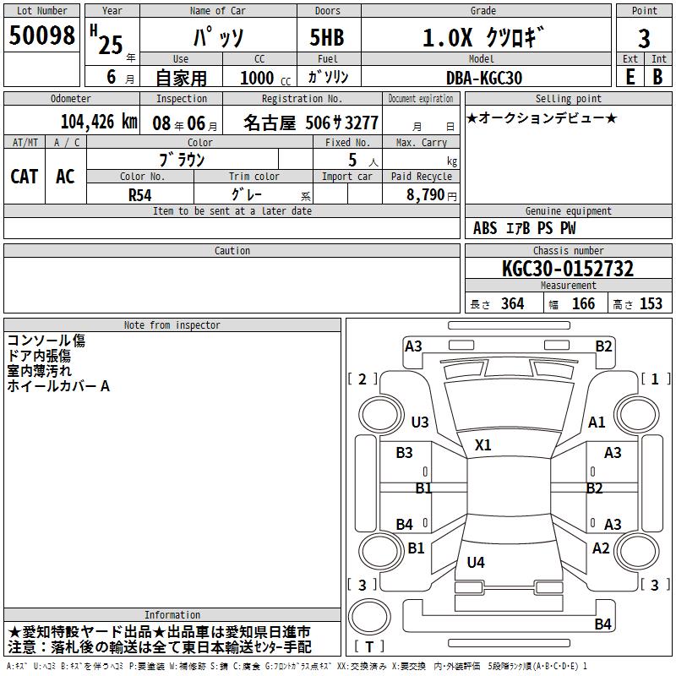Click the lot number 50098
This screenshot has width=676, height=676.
[x=41, y=35]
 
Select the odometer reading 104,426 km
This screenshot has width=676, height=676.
[x=99, y=122]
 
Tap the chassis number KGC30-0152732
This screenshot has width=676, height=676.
[x=568, y=269]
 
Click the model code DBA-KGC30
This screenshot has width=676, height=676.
[x=483, y=78]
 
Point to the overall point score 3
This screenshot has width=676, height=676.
[x=644, y=38]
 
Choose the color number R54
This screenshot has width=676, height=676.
[x=139, y=195]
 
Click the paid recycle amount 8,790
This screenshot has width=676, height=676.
[x=425, y=194]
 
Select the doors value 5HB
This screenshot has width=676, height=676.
[x=327, y=37]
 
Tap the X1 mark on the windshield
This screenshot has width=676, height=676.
[x=482, y=445]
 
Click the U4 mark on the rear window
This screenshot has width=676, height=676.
[x=476, y=562]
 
